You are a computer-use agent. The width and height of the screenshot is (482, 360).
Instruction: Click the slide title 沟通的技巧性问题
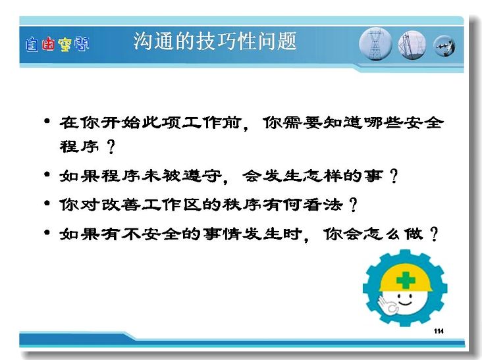[215, 41]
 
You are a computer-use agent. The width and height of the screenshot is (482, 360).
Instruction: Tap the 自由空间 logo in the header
[57, 44]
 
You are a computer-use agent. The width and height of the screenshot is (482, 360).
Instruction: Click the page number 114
[439, 331]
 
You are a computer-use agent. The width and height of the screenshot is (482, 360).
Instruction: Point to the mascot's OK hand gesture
[387, 305]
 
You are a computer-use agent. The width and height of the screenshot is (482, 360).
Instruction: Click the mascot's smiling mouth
[405, 303]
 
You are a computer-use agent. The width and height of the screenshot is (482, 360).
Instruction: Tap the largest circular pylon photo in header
[375, 44]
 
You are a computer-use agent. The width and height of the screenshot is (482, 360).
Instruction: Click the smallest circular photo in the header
[444, 46]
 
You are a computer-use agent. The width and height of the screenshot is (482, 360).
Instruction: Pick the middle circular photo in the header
[412, 45]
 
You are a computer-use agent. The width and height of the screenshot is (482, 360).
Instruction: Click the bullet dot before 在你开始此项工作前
[47, 121]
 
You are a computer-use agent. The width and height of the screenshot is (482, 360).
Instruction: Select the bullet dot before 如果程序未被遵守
[47, 175]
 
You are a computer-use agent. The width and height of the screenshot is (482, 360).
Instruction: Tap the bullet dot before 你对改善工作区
[47, 203]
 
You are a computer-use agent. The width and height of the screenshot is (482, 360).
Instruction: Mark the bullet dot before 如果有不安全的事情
[47, 232]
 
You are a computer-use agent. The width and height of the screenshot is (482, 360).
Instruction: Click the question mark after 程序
[111, 147]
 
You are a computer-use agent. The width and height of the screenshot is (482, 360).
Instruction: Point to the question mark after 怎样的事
[394, 176]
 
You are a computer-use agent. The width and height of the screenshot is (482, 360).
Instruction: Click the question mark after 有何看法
[354, 205]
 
